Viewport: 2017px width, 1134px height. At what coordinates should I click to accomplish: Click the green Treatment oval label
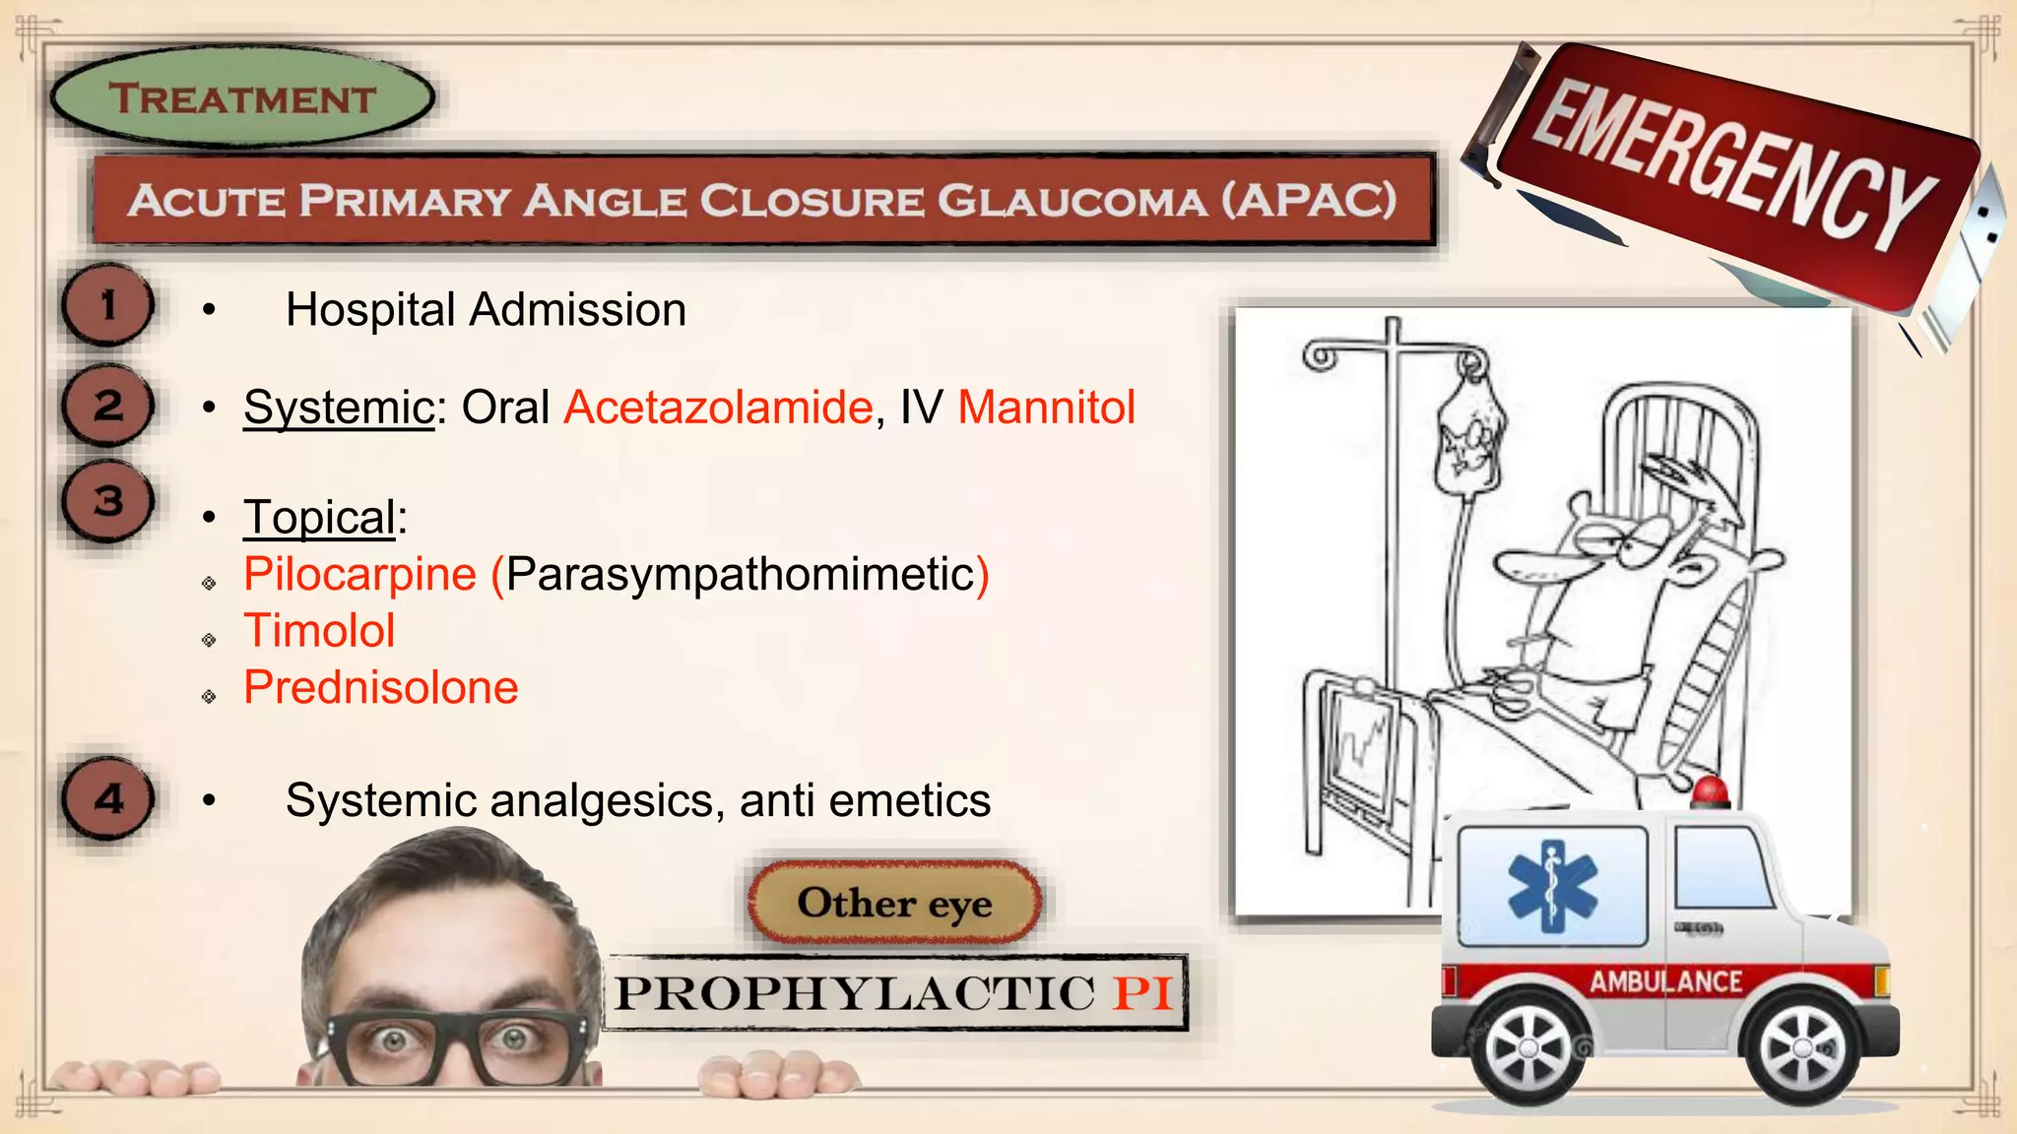pyautogui.click(x=241, y=98)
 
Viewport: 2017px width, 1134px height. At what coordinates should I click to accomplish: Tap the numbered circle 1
pyautogui.click(x=108, y=305)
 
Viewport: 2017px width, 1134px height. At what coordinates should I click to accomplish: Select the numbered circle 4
pyautogui.click(x=108, y=798)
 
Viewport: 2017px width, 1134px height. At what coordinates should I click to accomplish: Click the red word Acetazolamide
pyautogui.click(x=718, y=408)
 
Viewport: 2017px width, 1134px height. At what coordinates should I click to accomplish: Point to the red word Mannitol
pyautogui.click(x=1046, y=408)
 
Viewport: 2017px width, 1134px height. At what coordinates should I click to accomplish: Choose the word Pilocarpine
pyautogui.click(x=360, y=574)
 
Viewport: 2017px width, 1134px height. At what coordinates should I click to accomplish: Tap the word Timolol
pyautogui.click(x=319, y=631)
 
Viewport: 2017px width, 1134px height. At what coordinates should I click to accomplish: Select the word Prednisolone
pyautogui.click(x=381, y=688)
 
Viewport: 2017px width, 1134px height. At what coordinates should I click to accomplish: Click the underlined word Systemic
pyautogui.click(x=339, y=408)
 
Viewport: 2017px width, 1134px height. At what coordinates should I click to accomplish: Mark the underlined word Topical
pyautogui.click(x=320, y=518)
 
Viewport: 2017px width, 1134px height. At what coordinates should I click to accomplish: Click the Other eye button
pyautogui.click(x=894, y=903)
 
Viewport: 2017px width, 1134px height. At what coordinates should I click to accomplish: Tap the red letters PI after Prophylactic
pyautogui.click(x=1142, y=993)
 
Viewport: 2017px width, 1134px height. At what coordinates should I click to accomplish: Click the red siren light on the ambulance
pyautogui.click(x=1711, y=791)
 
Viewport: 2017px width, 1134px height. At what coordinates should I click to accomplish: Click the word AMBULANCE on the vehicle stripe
pyautogui.click(x=1665, y=981)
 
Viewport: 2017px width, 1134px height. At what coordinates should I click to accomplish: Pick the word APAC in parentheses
pyautogui.click(x=1308, y=201)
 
